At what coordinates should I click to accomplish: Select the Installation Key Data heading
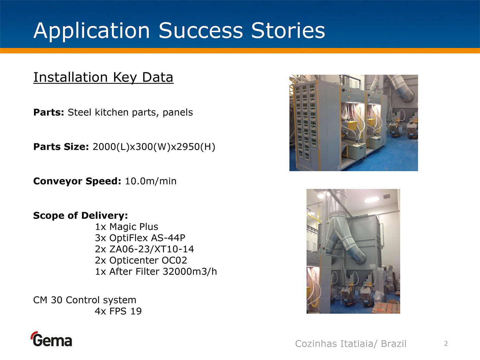103,77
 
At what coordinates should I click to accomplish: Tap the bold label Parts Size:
61,147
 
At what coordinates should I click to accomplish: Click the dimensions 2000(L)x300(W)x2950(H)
154,147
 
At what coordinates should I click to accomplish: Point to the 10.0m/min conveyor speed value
151,181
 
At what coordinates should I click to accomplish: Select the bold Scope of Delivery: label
81,216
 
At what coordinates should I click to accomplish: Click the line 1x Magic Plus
127,227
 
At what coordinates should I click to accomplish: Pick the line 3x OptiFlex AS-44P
140,238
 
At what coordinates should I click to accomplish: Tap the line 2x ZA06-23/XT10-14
144,249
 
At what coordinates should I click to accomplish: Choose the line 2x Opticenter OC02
141,260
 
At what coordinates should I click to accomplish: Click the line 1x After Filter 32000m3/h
156,272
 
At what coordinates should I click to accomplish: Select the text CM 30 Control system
85,300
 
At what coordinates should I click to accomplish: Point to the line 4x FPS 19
118,311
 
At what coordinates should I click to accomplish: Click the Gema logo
51,339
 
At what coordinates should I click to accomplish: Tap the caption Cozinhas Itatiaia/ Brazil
351,344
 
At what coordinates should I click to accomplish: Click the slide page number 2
446,344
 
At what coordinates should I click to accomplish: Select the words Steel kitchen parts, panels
130,112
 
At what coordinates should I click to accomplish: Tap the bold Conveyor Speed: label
77,181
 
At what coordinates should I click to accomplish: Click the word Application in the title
92,31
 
